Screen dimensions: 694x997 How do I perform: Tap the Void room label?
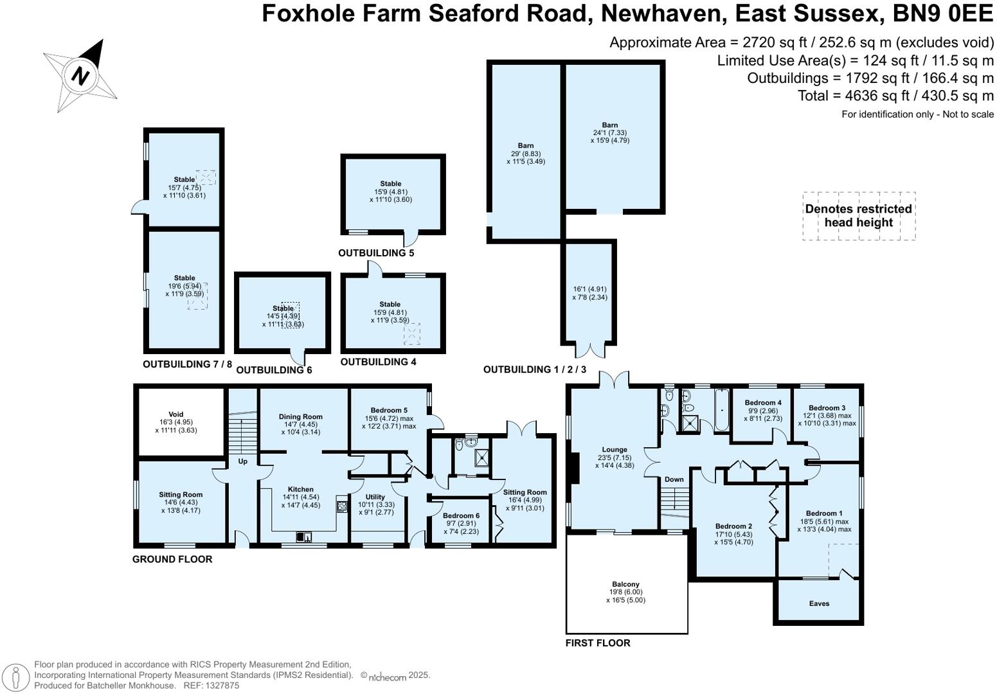point(175,414)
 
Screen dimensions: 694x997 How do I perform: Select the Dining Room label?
point(301,417)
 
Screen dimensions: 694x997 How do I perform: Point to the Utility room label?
point(375,497)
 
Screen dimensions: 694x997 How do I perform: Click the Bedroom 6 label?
point(461,515)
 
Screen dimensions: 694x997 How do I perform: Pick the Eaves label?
point(819,603)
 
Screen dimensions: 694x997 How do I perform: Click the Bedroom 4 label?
point(763,403)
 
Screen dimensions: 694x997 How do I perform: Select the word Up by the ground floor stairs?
point(243,461)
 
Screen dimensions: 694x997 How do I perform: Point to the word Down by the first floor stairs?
point(674,479)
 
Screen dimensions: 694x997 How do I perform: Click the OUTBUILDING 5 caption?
point(376,253)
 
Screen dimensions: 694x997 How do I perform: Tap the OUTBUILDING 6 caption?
point(274,370)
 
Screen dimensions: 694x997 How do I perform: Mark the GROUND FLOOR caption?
point(172,559)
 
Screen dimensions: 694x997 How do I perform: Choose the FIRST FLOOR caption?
point(598,643)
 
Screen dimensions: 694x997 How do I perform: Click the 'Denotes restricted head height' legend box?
point(858,216)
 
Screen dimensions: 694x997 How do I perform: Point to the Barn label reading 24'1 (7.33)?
point(609,125)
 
